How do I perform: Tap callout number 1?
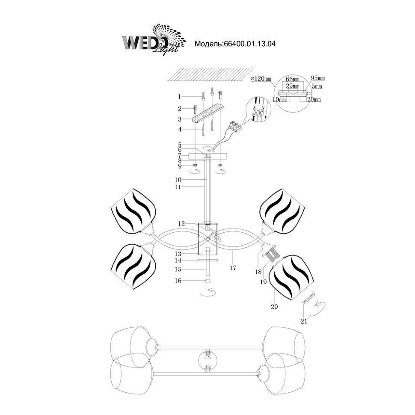pos(180,97)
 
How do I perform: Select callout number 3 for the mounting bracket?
pos(180,119)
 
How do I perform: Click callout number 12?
pos(182,223)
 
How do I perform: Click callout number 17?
pos(233,268)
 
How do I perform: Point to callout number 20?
pos(274,306)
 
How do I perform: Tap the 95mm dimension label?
pos(318,78)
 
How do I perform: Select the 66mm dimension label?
pos(292,80)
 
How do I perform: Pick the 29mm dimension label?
pos(293,86)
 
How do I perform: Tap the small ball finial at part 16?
pos(208,281)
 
